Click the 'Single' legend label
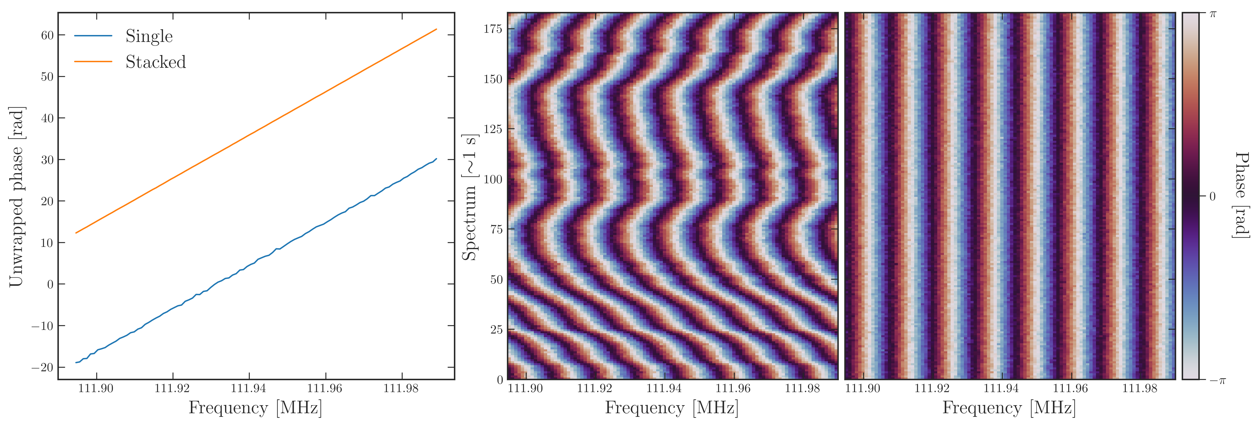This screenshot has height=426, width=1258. (x=149, y=36)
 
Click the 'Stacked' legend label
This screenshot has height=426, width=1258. (x=156, y=62)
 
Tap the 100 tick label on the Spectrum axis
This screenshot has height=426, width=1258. (x=493, y=179)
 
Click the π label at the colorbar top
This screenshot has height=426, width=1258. (x=1212, y=14)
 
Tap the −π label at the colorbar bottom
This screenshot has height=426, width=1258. (x=1217, y=380)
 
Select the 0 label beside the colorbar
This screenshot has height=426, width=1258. (x=1212, y=196)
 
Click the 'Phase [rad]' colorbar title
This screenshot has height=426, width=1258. (x=1242, y=196)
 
